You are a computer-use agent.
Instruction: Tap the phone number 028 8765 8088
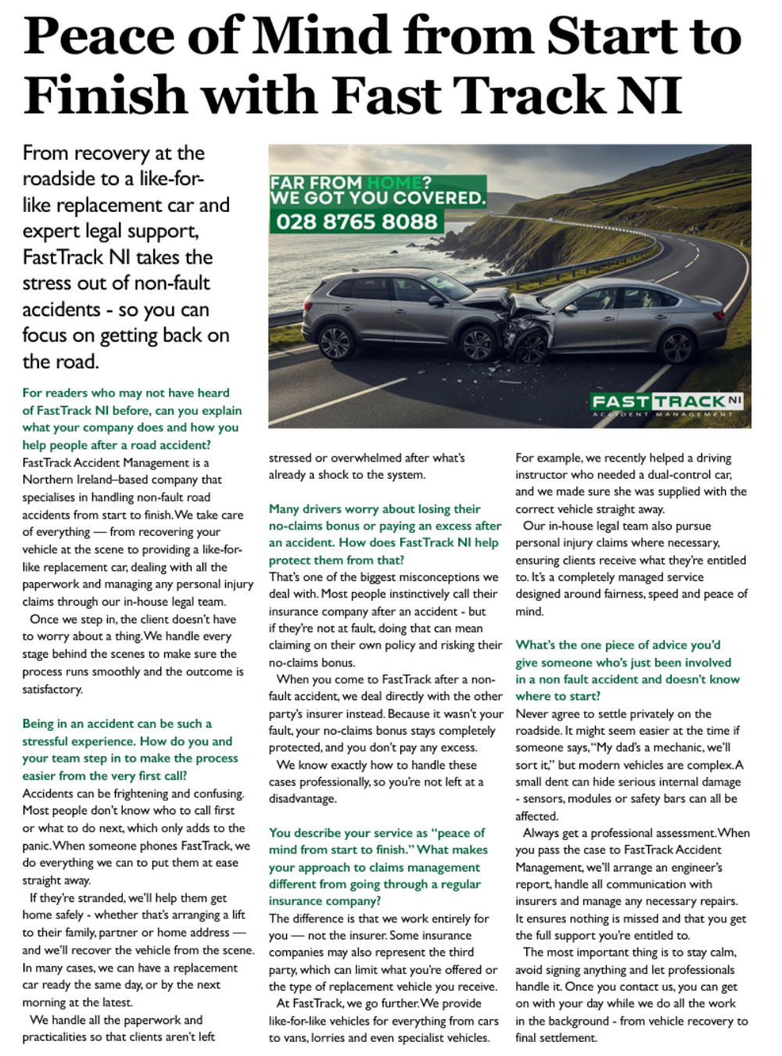pos(357,221)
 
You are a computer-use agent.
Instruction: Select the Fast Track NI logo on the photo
pos(667,404)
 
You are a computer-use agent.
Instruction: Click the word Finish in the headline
pos(105,95)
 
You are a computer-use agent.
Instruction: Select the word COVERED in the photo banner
pos(438,198)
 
